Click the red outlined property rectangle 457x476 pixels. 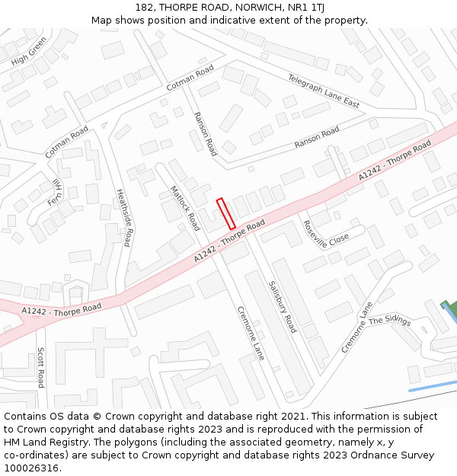tap(225, 214)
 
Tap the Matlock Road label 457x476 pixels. tap(184, 208)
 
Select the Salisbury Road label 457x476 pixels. tap(282, 306)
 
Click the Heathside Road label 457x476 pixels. tap(124, 218)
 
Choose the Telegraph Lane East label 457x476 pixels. tap(323, 91)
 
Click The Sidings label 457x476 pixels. tap(389, 321)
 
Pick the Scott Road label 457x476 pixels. tap(41, 367)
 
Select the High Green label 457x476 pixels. tap(29, 50)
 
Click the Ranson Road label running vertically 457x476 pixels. tap(205, 133)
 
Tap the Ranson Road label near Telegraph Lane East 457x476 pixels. tap(317, 138)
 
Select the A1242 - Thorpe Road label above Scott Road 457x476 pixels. tap(61, 309)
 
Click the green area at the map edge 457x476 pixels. tap(451, 311)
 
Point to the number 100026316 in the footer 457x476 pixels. tap(32, 468)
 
